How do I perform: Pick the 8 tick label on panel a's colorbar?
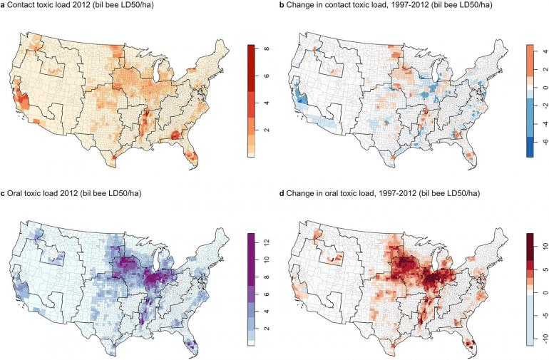click(265, 48)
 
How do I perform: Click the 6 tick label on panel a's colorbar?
click(265, 76)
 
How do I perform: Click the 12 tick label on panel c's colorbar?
click(265, 243)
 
